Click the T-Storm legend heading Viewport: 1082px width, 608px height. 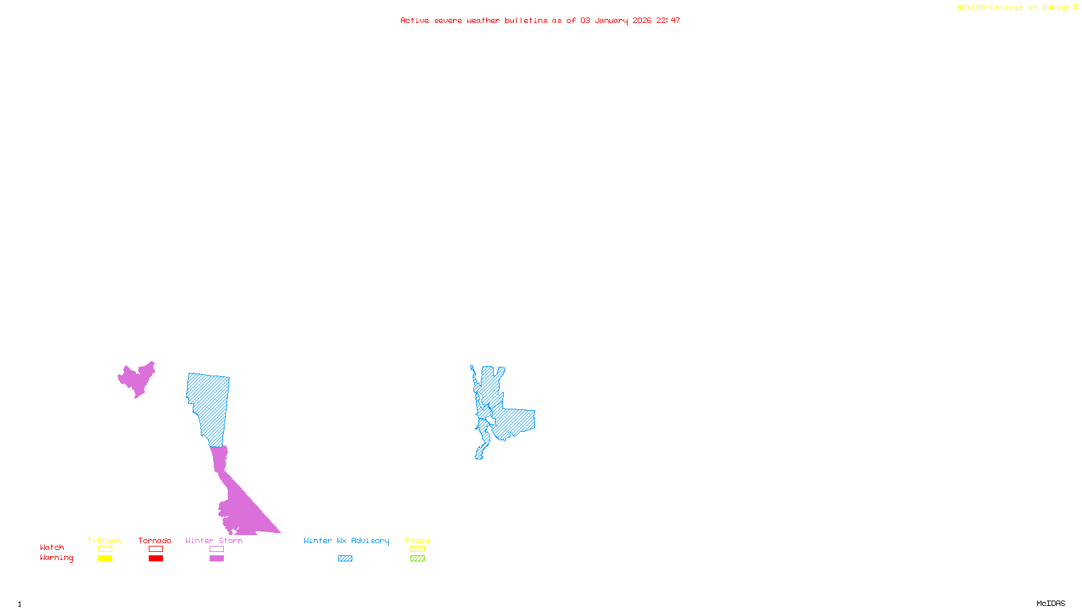pos(104,540)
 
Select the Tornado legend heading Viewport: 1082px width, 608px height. pos(155,540)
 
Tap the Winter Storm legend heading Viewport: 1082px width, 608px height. pos(214,540)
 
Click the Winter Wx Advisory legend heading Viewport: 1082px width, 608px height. pos(346,540)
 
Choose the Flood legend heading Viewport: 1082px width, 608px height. pos(417,540)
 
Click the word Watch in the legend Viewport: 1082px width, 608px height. pos(52,547)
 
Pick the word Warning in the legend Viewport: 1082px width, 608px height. pos(57,558)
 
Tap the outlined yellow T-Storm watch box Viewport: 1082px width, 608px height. pos(105,549)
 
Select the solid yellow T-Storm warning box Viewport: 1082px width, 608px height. pos(105,559)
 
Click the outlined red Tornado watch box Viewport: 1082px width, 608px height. pos(156,549)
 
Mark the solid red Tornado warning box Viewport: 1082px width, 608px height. pos(156,559)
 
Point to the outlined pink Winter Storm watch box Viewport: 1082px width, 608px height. pos(216,549)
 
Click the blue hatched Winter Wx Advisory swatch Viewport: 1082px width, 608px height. pos(345,559)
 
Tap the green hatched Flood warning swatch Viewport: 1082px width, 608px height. pos(417,559)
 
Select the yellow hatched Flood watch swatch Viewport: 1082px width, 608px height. pos(417,549)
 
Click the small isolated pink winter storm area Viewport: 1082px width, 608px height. pos(138,379)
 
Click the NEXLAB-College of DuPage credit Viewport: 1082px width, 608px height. pos(1017,8)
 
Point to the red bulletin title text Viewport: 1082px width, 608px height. pos(540,20)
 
